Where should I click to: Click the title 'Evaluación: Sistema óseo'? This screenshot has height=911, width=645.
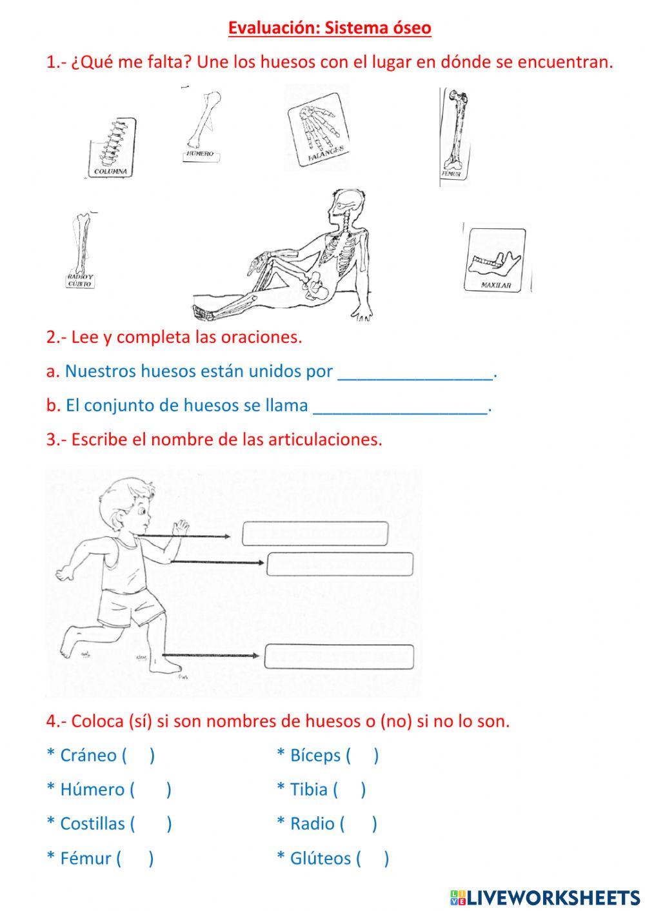click(330, 28)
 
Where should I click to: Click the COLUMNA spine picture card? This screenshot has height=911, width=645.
click(112, 148)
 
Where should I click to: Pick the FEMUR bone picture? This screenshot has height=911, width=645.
click(456, 136)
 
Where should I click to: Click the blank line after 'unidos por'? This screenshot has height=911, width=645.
click(415, 373)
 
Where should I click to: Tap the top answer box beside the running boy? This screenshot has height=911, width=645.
click(315, 534)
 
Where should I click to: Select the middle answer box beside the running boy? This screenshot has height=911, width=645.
click(339, 564)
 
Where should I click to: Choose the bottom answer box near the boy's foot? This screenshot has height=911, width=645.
click(339, 656)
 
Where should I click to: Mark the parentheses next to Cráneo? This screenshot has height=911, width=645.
click(137, 756)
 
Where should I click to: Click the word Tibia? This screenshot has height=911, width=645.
click(308, 790)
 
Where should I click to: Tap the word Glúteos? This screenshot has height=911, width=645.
click(321, 858)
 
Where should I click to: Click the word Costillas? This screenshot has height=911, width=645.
click(92, 824)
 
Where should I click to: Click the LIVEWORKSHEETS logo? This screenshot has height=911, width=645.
click(545, 897)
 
